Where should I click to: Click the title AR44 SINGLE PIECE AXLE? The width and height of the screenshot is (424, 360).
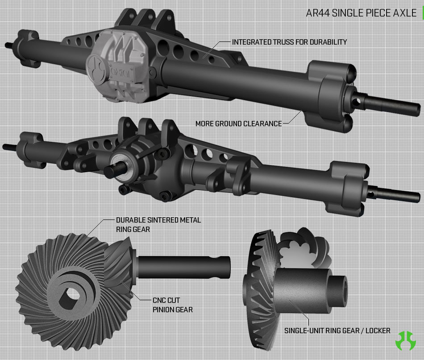(x=361, y=13)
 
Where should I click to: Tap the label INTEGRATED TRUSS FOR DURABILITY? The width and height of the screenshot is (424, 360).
(x=289, y=42)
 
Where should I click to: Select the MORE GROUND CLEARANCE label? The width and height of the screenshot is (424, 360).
(x=238, y=124)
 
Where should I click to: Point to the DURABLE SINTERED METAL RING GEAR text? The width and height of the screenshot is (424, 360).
(x=158, y=224)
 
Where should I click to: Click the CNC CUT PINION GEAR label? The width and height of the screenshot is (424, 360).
(x=173, y=305)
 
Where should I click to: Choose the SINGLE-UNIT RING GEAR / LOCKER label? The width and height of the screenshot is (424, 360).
(x=337, y=331)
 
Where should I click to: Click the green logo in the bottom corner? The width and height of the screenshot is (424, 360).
(x=405, y=341)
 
